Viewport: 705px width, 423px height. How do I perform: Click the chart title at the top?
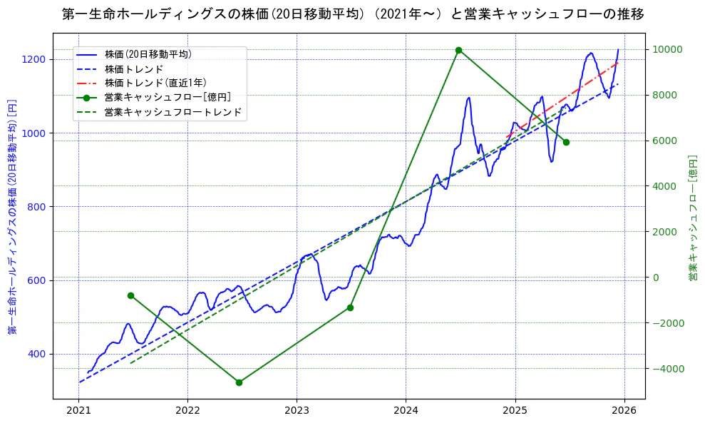coord(352,14)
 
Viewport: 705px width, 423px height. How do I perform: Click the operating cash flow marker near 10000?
coord(458,50)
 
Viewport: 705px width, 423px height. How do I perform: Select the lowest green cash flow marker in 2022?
coord(239,382)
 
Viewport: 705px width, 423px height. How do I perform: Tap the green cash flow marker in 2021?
coord(130,295)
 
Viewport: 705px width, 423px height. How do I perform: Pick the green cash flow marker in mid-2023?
coord(350,307)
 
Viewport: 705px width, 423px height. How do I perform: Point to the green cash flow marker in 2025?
coord(566,142)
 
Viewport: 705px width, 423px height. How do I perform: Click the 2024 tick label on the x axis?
coord(406,410)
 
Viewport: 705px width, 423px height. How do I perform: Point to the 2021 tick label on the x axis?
coord(78,410)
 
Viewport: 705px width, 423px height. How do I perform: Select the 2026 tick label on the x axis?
coord(624,410)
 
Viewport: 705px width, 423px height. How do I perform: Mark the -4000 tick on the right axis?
coord(664,369)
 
